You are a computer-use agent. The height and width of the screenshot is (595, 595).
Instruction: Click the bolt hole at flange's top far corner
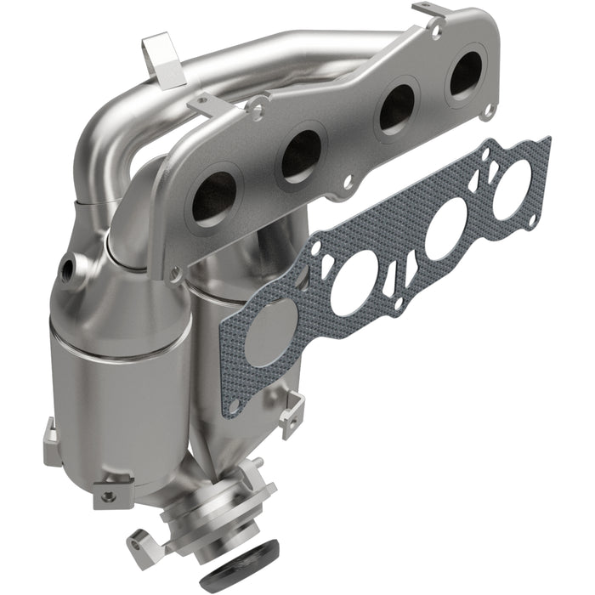(436, 31)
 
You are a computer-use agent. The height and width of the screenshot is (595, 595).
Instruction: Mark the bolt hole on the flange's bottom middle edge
(346, 181)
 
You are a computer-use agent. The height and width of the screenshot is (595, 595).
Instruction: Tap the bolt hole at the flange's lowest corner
(175, 274)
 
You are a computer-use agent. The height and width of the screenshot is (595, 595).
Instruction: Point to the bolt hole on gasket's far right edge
(532, 222)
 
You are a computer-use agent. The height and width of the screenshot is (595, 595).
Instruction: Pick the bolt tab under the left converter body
(107, 492)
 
